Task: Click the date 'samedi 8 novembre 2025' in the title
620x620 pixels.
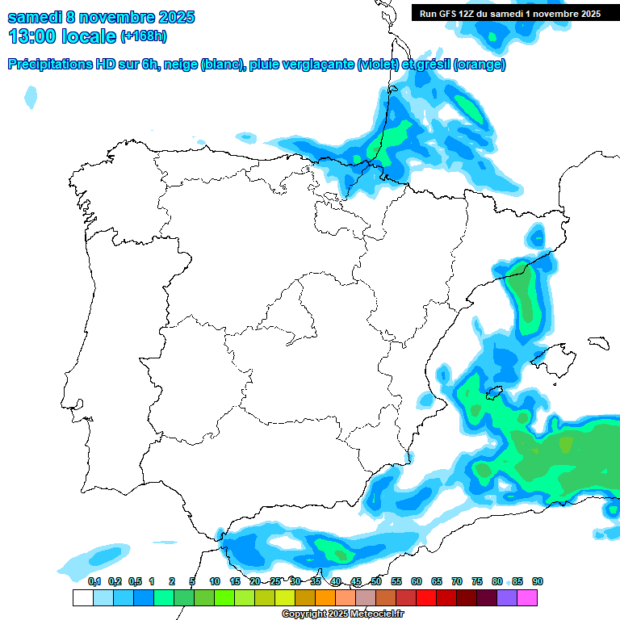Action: point(101,17)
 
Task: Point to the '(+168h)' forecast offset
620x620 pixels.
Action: point(144,36)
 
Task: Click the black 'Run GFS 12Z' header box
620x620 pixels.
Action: point(510,13)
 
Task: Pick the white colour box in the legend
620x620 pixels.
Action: point(82,598)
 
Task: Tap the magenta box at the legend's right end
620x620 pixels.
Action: point(527,598)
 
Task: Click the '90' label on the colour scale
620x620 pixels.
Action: point(538,581)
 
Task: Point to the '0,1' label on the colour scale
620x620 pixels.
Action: point(94,581)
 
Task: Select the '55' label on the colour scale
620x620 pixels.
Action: point(396,581)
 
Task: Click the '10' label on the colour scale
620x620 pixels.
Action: point(215,581)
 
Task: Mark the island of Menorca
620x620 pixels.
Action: point(599,341)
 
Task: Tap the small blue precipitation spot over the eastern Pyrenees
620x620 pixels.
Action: point(536,237)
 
